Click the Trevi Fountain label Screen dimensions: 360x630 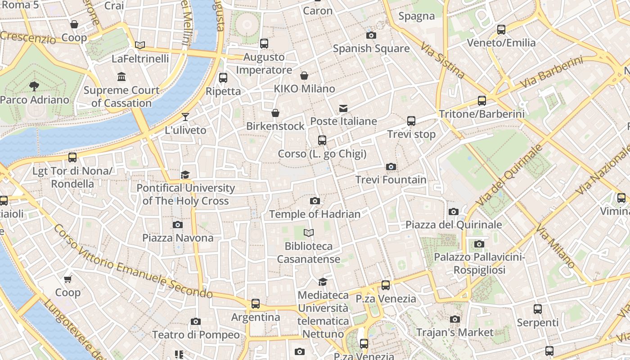point(391,180)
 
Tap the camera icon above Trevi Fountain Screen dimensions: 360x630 point(391,167)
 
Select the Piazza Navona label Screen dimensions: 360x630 point(178,238)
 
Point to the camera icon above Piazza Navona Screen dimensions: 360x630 point(178,225)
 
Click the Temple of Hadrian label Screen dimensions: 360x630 point(315,214)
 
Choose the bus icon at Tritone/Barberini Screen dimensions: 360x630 point(482,101)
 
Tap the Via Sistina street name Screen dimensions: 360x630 point(442,60)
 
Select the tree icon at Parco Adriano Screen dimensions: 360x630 point(34,86)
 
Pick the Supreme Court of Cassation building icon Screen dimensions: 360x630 point(121,77)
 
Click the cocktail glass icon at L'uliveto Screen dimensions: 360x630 point(185,117)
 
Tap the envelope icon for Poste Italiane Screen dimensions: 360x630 point(343,108)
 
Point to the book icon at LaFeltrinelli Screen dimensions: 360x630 point(140,45)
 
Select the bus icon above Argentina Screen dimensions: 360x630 point(256,304)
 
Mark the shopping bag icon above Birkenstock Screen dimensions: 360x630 point(275,113)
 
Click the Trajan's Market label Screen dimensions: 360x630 point(454,333)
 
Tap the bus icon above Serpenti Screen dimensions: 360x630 point(537,309)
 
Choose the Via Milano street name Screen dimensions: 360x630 point(555,247)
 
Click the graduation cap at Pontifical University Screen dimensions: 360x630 point(185,175)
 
